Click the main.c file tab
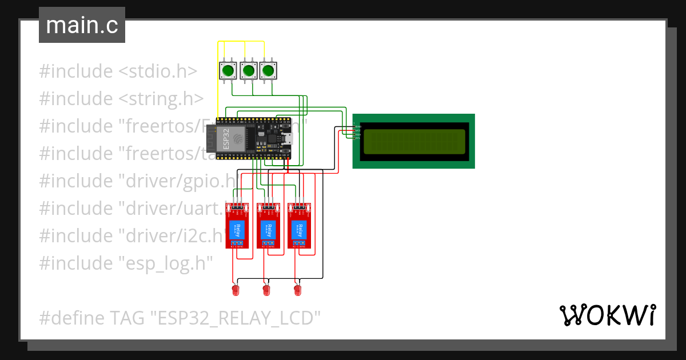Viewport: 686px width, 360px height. pyautogui.click(x=82, y=26)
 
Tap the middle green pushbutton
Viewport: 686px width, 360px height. pyautogui.click(x=248, y=71)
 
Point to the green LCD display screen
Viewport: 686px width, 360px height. pyautogui.click(x=414, y=141)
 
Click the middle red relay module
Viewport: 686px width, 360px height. pyautogui.click(x=266, y=226)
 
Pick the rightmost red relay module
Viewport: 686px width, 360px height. pyautogui.click(x=298, y=226)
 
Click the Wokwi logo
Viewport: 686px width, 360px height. pyautogui.click(x=607, y=315)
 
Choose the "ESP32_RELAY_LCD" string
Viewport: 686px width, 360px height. pyautogui.click(x=235, y=318)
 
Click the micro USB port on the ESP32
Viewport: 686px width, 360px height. pyautogui.click(x=289, y=138)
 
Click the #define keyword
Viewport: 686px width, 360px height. pyautogui.click(x=71, y=318)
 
